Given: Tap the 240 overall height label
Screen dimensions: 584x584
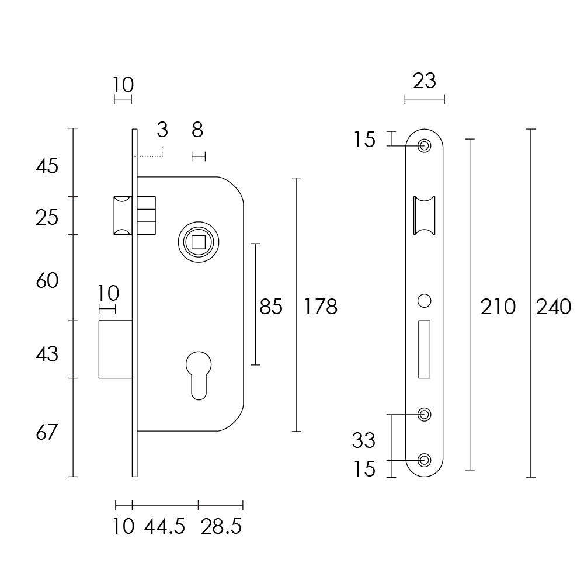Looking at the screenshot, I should pos(553,306).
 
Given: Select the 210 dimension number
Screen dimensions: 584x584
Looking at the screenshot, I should pos(498,306).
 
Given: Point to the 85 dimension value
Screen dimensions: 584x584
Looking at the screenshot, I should pos(271,306).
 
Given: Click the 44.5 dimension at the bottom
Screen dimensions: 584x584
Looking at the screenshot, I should pos(165,527).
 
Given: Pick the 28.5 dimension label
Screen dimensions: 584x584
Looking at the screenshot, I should pos(221,527).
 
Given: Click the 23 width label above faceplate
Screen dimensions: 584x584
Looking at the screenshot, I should pos(425,81).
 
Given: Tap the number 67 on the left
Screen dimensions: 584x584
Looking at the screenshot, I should pos(47,433).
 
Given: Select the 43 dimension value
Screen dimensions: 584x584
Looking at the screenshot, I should pos(47,354).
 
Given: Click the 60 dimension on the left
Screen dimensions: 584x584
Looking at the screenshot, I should pos(47,281).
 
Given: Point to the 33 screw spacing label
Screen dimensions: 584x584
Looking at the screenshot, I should pos(363,440).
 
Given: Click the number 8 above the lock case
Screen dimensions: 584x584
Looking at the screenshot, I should pos(197,130).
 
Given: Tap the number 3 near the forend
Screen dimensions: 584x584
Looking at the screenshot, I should pos(162,130).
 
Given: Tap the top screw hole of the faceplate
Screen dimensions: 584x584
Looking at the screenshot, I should pos(425,145).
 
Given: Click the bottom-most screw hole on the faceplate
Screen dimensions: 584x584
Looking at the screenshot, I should pos(425,460).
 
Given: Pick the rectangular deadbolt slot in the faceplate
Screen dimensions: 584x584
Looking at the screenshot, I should pos(425,349).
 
